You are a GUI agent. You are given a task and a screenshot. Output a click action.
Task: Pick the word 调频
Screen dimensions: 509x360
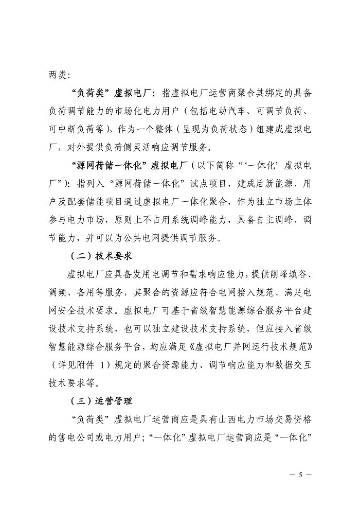[x=58, y=291]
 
